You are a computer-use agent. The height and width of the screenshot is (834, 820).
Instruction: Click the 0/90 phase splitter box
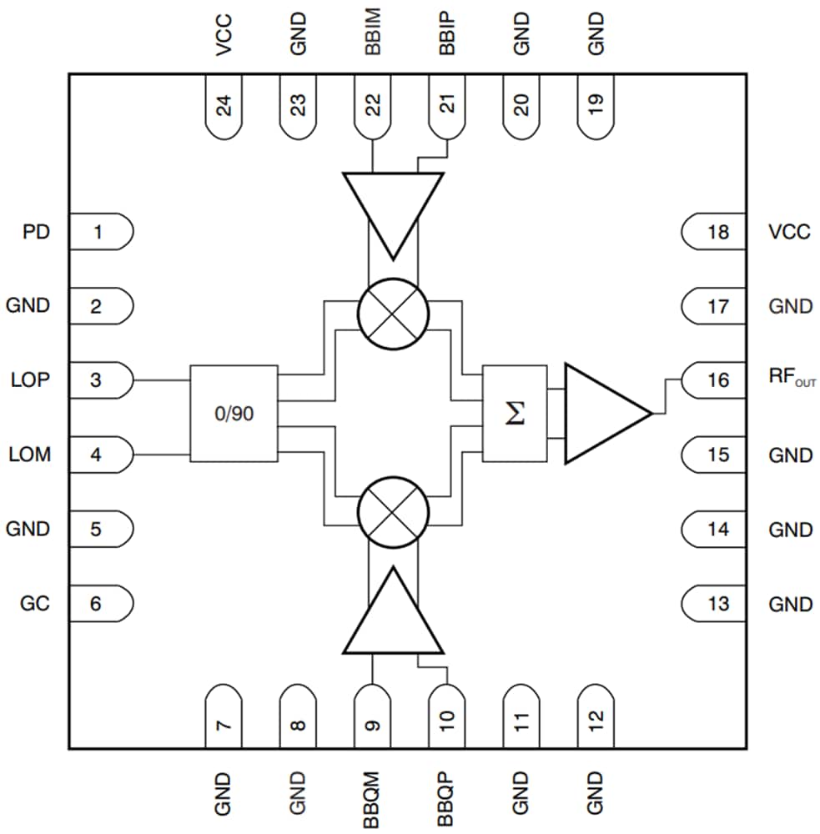point(234,413)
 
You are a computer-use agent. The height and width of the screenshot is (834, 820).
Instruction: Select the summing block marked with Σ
point(515,413)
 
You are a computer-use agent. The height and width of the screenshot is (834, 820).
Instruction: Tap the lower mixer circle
point(392,511)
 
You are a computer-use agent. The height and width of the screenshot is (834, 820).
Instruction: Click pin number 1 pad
point(99,232)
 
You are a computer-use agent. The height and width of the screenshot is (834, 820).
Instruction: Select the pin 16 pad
point(715,380)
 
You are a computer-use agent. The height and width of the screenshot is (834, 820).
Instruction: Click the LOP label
point(31,380)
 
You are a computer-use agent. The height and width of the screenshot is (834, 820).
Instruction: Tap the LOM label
point(31,455)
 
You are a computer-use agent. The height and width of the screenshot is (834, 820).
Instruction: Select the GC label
point(35,603)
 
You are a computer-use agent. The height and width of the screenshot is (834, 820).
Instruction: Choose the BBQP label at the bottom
point(446,800)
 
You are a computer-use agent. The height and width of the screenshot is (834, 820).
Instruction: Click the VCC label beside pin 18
point(788,232)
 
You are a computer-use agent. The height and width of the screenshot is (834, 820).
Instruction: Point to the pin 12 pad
point(595,716)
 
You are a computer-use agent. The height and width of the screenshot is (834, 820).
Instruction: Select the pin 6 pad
point(99,603)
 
